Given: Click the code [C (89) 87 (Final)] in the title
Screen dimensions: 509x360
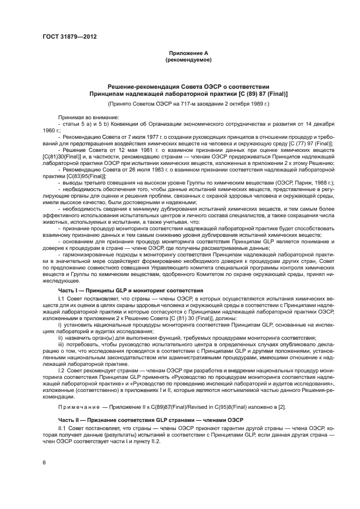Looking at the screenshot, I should [251, 94].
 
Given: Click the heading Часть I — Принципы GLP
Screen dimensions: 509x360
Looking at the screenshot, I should [93, 291].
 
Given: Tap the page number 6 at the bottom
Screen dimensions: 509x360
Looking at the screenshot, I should [44, 463].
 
